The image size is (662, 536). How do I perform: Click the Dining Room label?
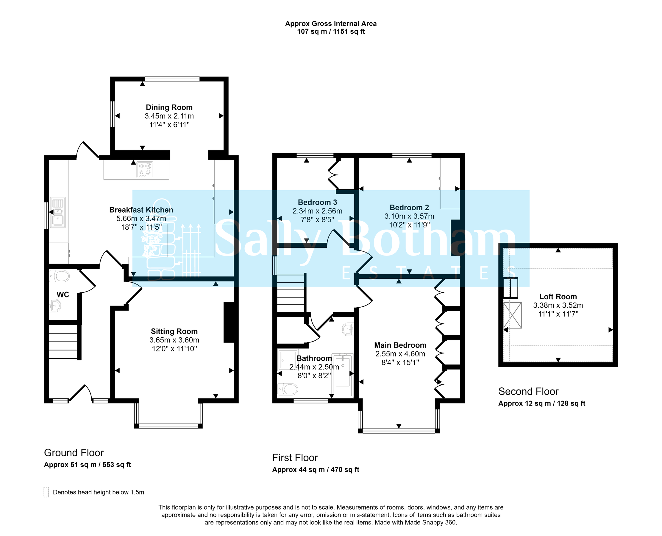coord(169,107)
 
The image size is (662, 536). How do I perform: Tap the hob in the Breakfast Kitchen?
coord(145,170)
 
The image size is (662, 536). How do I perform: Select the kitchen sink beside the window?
coord(58,212)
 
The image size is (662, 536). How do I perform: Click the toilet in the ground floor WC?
coord(60,276)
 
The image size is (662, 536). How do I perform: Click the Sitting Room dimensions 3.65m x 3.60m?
coord(174,340)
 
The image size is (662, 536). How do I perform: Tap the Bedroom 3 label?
coord(317,202)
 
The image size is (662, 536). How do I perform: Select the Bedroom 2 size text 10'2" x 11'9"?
coord(409,225)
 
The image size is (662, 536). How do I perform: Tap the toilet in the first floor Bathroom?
coord(288,389)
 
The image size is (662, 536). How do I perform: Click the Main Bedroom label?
coord(400,345)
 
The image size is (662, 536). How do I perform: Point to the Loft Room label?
coord(558,296)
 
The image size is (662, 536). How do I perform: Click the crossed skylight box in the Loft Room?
coord(512,315)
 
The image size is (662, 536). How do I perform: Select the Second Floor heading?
coord(528,392)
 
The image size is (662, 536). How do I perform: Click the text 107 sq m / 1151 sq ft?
coord(330,32)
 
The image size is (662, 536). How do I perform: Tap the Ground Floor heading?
coord(74,453)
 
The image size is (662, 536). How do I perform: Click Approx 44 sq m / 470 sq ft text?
coord(316,470)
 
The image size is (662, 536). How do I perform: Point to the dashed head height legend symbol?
coord(46,492)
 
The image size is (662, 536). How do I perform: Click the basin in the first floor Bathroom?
coord(348,329)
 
